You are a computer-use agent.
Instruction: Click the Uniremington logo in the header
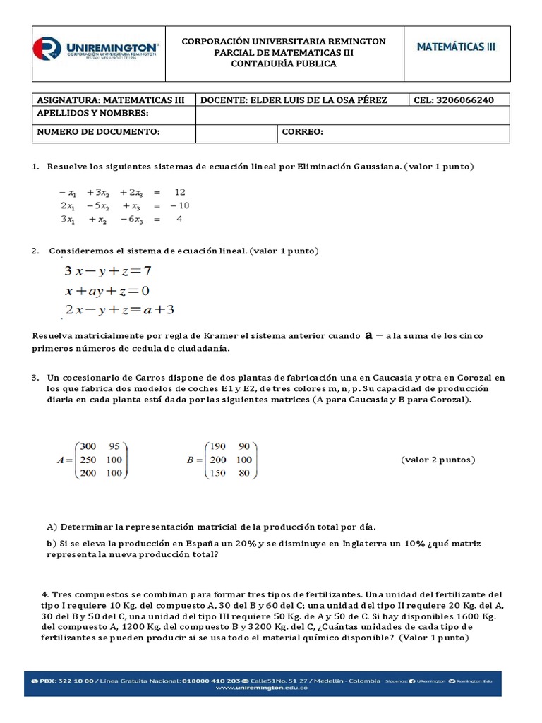click(97, 49)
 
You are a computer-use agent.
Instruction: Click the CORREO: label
click(302, 132)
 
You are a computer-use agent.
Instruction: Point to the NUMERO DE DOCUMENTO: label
click(98, 132)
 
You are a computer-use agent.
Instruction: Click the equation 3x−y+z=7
click(108, 270)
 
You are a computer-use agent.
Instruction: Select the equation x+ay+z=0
click(107, 291)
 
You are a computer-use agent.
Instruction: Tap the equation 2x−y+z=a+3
click(119, 310)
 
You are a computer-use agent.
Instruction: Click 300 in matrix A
click(88, 446)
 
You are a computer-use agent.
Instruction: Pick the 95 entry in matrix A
click(114, 446)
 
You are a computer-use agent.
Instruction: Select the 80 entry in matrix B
click(244, 473)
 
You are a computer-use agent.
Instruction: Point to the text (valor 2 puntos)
click(438, 460)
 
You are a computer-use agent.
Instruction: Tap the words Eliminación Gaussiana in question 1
click(345, 167)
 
